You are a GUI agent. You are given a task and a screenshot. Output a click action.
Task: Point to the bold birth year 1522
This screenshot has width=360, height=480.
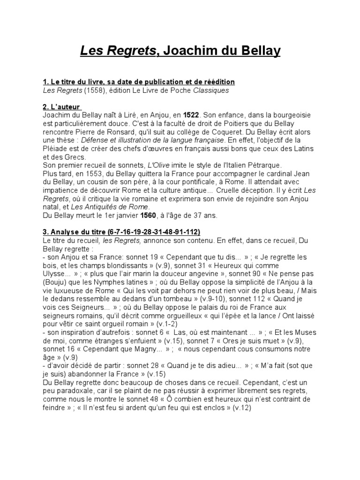coord(191,115)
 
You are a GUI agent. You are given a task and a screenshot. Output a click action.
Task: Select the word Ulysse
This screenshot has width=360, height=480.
coord(53,275)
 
